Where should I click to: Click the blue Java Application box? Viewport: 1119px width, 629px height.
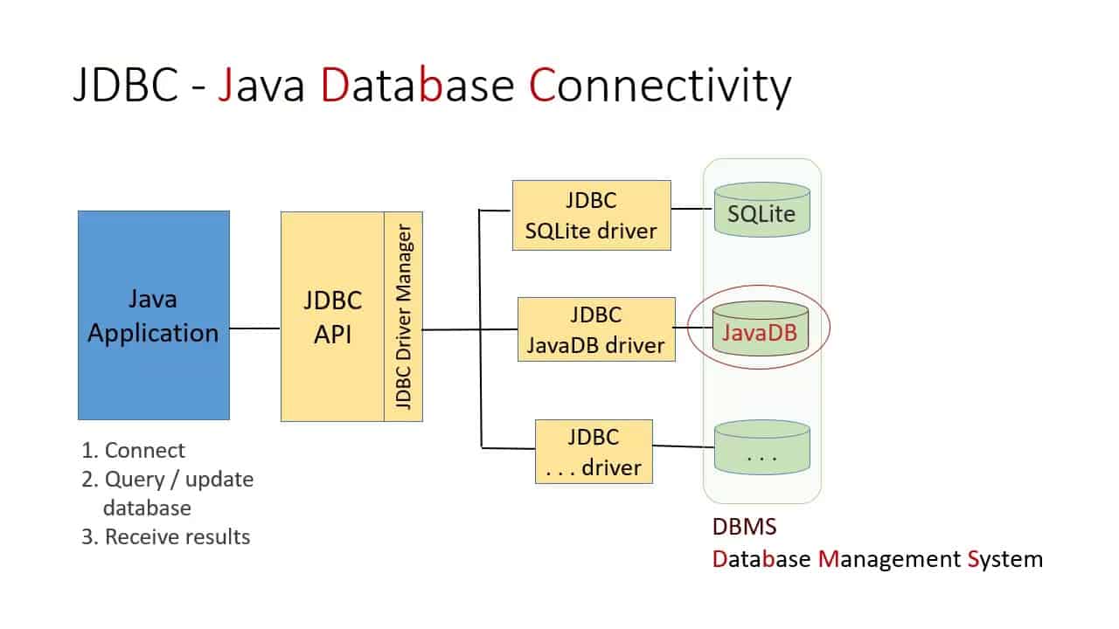153,315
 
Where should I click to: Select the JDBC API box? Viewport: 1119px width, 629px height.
332,316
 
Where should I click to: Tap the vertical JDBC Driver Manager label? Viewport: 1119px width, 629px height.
404,316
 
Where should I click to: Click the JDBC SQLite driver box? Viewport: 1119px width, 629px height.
591,215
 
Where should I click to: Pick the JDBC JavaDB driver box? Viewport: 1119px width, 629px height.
596,329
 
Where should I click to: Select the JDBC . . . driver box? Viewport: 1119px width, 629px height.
594,452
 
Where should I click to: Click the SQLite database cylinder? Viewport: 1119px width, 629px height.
761,210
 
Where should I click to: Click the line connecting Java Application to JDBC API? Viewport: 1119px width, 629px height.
254,328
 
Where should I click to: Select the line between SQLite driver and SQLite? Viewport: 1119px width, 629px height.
692,210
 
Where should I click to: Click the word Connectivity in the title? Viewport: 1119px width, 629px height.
660,87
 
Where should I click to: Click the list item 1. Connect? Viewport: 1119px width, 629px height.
133,451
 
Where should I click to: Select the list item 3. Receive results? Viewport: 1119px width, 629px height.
165,536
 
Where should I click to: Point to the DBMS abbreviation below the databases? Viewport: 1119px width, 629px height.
744,529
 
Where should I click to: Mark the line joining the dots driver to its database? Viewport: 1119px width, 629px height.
684,446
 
